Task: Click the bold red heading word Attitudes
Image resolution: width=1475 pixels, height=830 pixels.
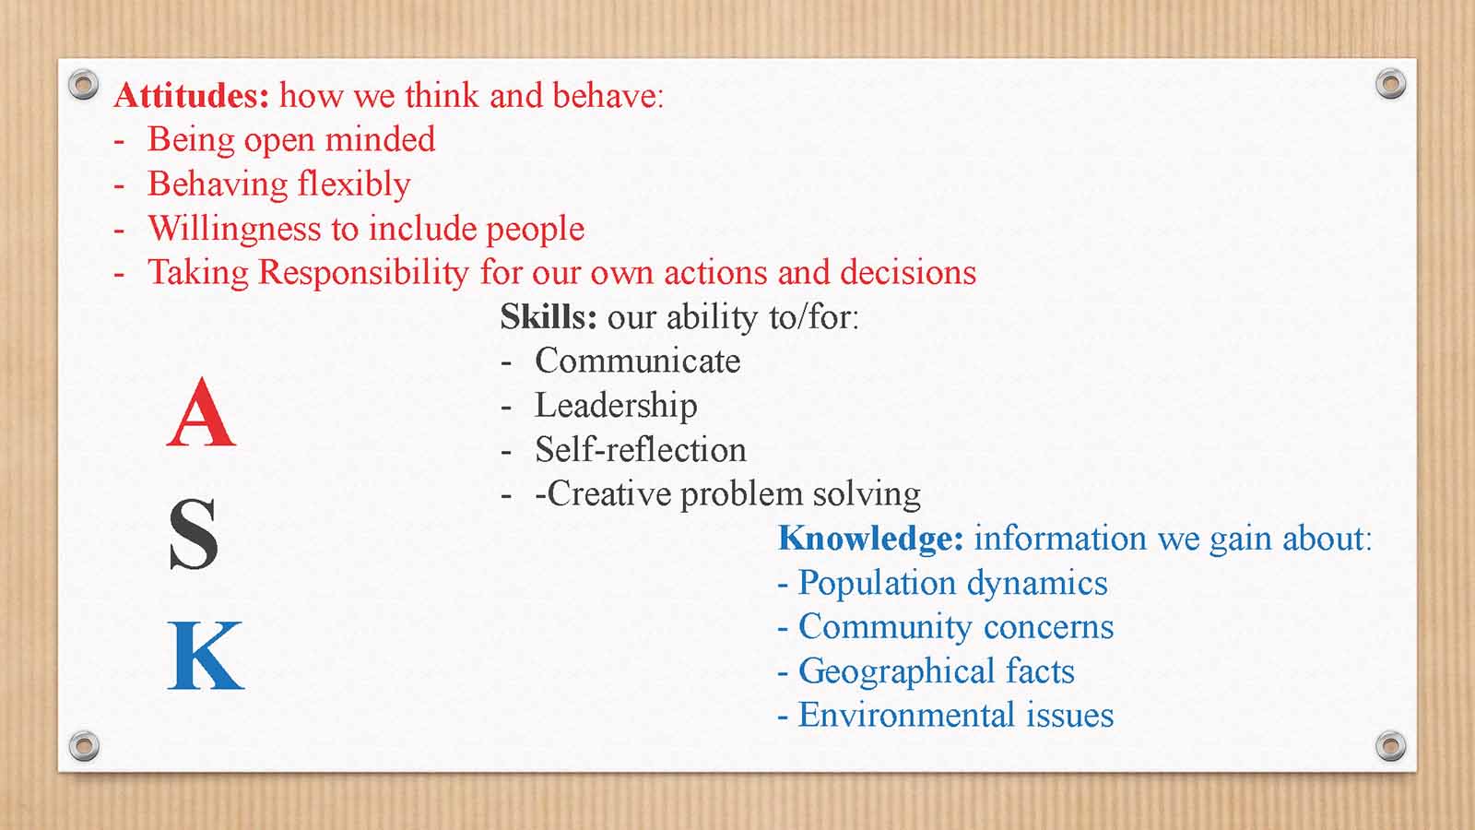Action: pos(192,96)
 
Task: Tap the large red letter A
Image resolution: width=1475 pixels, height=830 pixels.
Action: pos(201,413)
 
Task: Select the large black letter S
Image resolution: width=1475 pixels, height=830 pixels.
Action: pos(194,534)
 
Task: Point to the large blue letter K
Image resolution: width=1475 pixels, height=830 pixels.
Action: pos(206,656)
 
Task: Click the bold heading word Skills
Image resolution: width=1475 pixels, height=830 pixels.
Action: pos(549,317)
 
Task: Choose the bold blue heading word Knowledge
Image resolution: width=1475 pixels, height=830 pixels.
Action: pos(870,539)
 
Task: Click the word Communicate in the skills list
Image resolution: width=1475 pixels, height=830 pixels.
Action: pos(637,361)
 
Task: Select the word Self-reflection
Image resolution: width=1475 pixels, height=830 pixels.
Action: pos(641,450)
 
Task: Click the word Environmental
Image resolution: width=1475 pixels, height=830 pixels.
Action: pos(907,716)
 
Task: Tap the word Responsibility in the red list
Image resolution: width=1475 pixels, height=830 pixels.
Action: pos(363,273)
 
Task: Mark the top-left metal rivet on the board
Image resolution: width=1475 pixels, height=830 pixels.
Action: pos(84,84)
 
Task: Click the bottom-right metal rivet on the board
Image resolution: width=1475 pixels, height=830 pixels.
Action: pos(1391,746)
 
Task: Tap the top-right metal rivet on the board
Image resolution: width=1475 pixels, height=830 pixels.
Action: pos(1391,84)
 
